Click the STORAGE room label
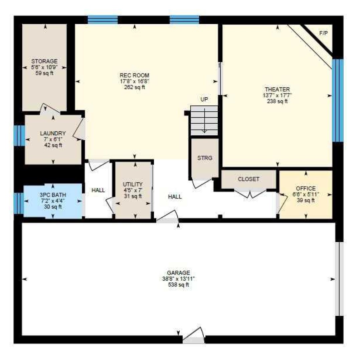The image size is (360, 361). (x=44, y=61)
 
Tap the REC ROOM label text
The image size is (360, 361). (x=135, y=75)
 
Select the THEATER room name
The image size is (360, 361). (x=277, y=89)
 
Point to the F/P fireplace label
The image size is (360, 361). (x=323, y=33)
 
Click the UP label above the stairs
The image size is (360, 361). (x=204, y=99)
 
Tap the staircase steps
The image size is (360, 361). (x=204, y=121)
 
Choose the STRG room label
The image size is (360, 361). (x=205, y=158)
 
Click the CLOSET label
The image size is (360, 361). (x=249, y=179)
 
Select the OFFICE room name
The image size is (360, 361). (x=306, y=188)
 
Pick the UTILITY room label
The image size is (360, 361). (x=133, y=185)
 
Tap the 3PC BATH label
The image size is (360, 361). (x=53, y=195)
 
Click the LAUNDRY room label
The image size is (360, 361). (x=53, y=133)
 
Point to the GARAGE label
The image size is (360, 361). (x=179, y=273)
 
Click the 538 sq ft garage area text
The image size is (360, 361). (x=179, y=285)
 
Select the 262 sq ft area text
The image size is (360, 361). (x=135, y=87)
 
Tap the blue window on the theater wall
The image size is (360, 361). (x=338, y=100)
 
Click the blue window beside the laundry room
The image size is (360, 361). (x=19, y=136)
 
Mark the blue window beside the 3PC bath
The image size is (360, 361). (x=19, y=204)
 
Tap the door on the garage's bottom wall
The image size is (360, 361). (x=193, y=336)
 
